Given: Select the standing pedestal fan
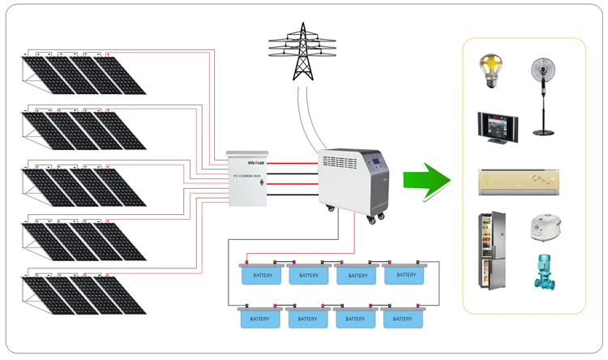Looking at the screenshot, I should click(x=543, y=95).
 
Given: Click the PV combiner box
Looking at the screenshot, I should click(x=247, y=179).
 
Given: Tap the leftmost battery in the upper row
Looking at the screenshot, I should click(x=261, y=275).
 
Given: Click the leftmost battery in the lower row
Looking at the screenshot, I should click(x=261, y=317).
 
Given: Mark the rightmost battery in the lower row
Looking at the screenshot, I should click(x=403, y=317).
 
